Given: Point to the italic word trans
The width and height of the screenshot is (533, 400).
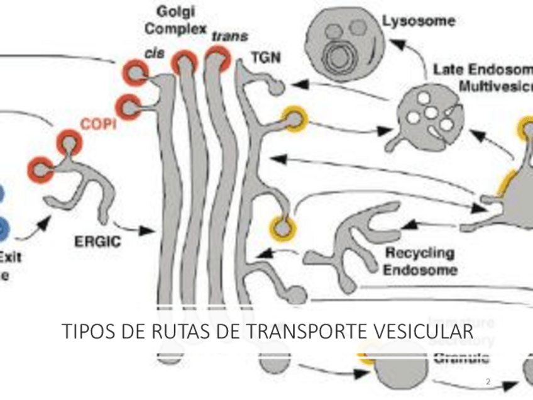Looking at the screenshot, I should tap(229, 36).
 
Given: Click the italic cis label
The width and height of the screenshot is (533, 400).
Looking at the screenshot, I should tap(154, 54).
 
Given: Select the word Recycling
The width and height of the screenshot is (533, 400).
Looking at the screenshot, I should tap(419, 254).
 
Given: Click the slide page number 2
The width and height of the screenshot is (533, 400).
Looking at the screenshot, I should tap(488, 382).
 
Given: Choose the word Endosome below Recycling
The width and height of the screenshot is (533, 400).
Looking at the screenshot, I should tap(420, 270).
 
